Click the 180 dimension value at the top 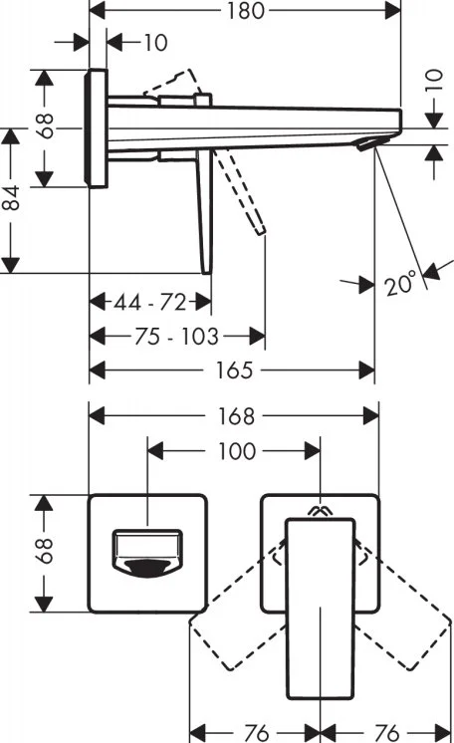pos(245,11)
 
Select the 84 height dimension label pos(11,197)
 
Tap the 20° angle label pos(400,284)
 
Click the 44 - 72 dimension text pos(149,302)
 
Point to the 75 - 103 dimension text pos(177,336)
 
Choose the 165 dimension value pos(235,371)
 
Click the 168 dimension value pos(237,416)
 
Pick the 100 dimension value pos(237,450)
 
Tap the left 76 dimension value pos(255,732)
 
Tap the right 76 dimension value pos(386,732)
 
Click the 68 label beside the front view pos(45,550)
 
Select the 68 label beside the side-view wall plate pos(46,125)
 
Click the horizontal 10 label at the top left pos(155,43)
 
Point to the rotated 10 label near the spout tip pos(434,81)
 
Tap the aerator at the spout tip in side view pos(372,142)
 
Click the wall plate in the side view pos(97,127)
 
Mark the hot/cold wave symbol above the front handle pos(321,511)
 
